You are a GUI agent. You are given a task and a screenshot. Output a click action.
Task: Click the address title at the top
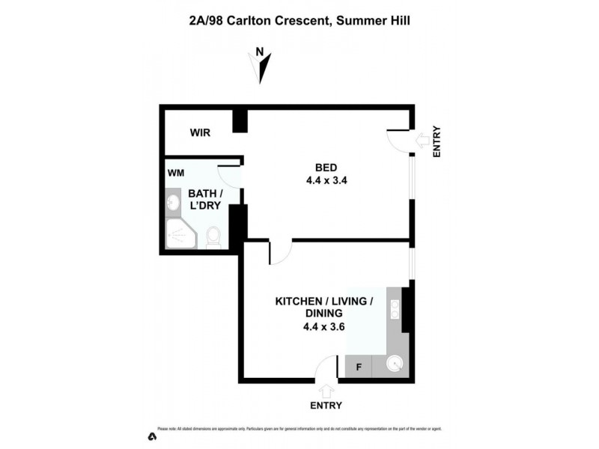(x=299, y=21)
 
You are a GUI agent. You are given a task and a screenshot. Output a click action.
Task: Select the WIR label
(x=200, y=133)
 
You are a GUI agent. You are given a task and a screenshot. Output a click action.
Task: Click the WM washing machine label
(x=176, y=173)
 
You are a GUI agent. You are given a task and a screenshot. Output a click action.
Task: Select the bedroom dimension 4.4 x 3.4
(x=326, y=180)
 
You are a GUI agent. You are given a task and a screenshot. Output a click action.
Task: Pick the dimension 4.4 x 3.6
(x=324, y=326)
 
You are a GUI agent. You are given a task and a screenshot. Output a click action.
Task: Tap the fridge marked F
(x=358, y=367)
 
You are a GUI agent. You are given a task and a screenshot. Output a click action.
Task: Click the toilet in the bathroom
(x=213, y=236)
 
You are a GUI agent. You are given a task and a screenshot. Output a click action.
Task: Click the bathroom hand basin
(x=172, y=202)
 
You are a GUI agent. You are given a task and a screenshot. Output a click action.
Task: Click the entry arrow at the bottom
(x=326, y=391)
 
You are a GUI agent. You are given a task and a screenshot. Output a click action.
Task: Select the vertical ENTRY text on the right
(x=437, y=141)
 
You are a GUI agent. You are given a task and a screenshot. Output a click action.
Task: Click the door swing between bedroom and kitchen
(x=278, y=252)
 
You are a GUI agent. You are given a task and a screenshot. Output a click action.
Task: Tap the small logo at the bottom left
(x=152, y=436)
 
